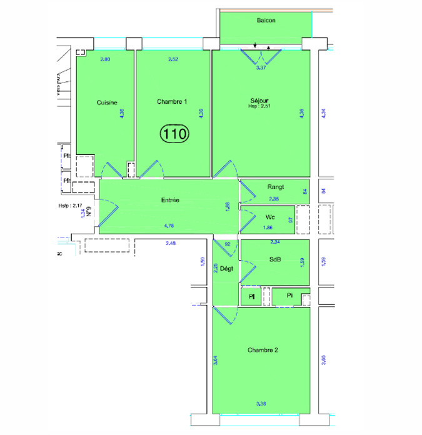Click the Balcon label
click(266, 21)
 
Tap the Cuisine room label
click(107, 103)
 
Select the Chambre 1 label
click(172, 102)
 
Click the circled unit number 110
click(175, 132)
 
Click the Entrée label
click(170, 200)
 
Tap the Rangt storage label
click(276, 186)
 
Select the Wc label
click(270, 217)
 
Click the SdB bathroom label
click(274, 259)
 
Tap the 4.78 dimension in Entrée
click(169, 226)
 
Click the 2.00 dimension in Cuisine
click(105, 59)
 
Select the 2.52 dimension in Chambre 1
click(173, 59)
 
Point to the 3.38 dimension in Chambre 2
click(261, 404)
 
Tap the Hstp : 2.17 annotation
click(70, 204)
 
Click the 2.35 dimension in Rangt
click(274, 199)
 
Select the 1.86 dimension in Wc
click(268, 227)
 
